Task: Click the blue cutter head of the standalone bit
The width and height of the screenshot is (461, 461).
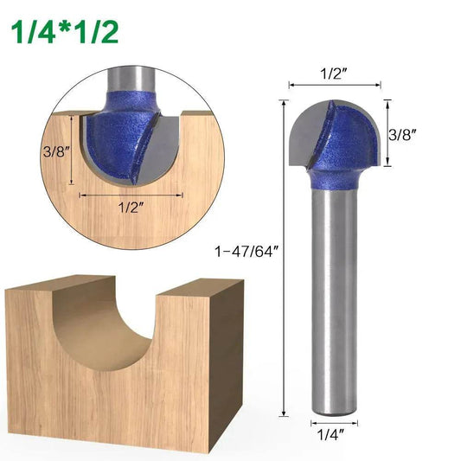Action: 337,147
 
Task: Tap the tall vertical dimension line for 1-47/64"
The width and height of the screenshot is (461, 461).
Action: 283,259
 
